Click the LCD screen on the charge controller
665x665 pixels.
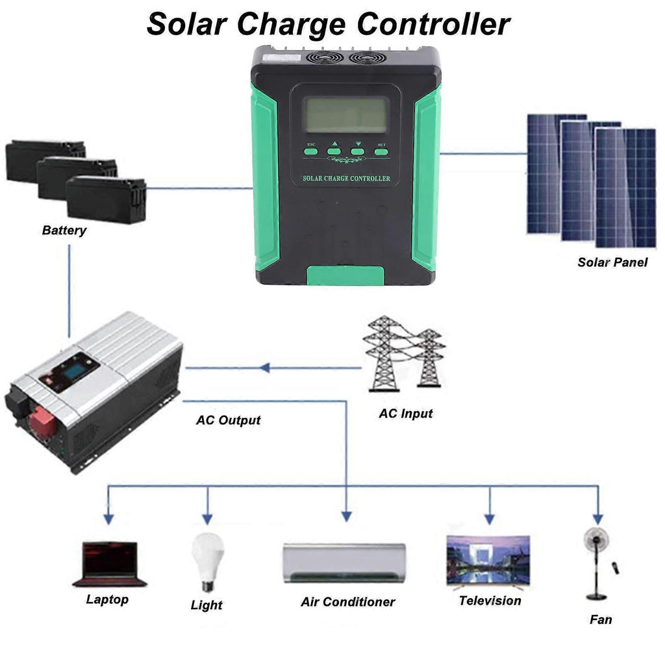(x=347, y=114)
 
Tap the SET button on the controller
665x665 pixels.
(x=381, y=151)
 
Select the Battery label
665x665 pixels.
(x=64, y=230)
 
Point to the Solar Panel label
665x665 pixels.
(x=612, y=262)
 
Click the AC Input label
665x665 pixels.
(x=405, y=413)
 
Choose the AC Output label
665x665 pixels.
(x=228, y=420)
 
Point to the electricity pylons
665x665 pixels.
(x=403, y=353)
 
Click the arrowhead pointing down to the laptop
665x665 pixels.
(x=109, y=519)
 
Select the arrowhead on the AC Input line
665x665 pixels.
(x=264, y=368)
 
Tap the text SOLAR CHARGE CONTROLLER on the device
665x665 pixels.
(x=347, y=178)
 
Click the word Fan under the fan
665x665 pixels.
(x=600, y=620)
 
